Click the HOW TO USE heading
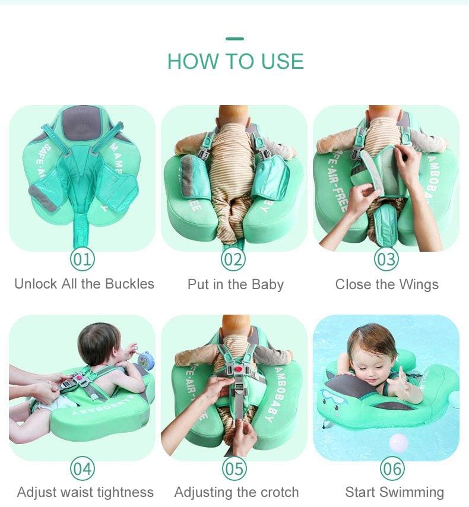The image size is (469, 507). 236,61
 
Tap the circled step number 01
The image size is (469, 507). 83,259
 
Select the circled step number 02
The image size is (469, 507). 233,259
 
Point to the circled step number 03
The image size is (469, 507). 386,259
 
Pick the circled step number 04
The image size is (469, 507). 83,468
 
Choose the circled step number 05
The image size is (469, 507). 234,468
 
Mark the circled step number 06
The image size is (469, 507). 392,468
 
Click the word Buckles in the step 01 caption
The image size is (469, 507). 129,284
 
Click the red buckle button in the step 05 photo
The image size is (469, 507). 239,369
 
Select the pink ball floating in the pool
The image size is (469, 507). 399,443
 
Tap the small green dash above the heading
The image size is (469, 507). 235,39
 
